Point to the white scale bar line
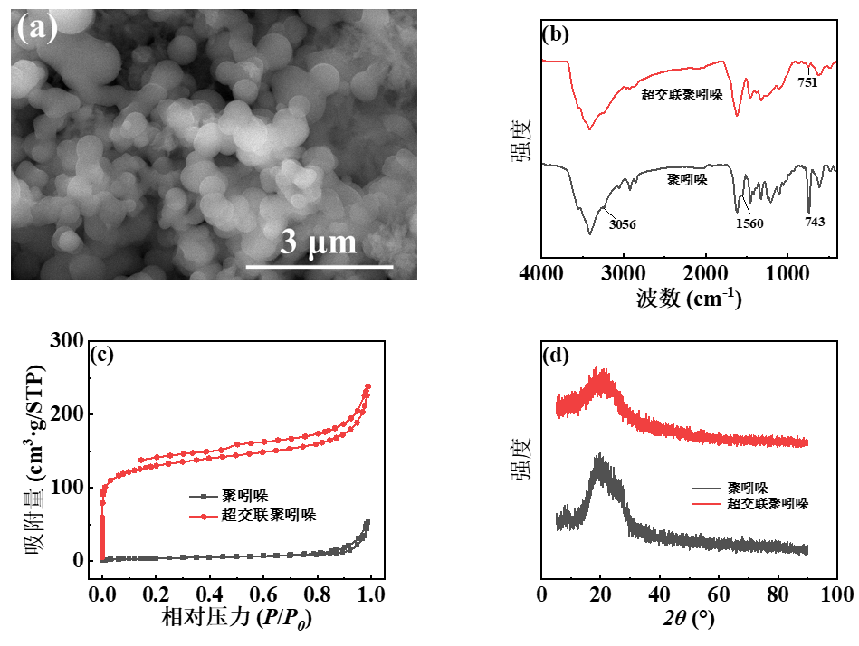click(320, 267)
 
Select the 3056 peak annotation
click(622, 223)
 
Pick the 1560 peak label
click(749, 223)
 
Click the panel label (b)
click(554, 35)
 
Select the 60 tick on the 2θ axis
click(719, 594)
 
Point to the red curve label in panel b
click(682, 94)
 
